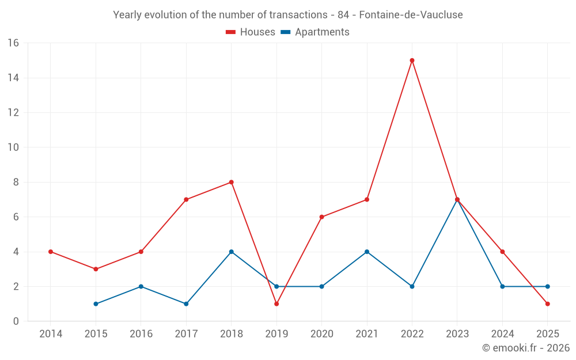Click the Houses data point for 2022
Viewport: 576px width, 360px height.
pyautogui.click(x=412, y=60)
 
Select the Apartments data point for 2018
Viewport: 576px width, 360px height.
pyautogui.click(x=231, y=252)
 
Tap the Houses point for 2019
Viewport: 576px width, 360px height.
pyautogui.click(x=276, y=304)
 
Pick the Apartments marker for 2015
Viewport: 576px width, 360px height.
pyautogui.click(x=96, y=304)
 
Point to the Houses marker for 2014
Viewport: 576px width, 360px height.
pyautogui.click(x=51, y=252)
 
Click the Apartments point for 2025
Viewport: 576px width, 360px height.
pyautogui.click(x=547, y=286)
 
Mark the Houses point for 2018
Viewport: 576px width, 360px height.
pyautogui.click(x=231, y=182)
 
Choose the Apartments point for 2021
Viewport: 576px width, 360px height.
pyautogui.click(x=367, y=252)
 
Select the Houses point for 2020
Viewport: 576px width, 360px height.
pyautogui.click(x=321, y=217)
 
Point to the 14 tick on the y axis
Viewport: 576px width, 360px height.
pyautogui.click(x=13, y=78)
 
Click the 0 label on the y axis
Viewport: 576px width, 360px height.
pyautogui.click(x=16, y=321)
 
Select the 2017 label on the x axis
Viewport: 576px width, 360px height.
pyautogui.click(x=186, y=334)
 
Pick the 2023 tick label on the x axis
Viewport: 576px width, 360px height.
pyautogui.click(x=457, y=334)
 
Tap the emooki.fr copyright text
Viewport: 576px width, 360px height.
pyautogui.click(x=526, y=348)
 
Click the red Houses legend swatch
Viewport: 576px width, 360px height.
pyautogui.click(x=231, y=32)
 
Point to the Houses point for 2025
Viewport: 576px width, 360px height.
pyautogui.click(x=547, y=304)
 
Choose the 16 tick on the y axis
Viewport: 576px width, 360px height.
pyautogui.click(x=13, y=43)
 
